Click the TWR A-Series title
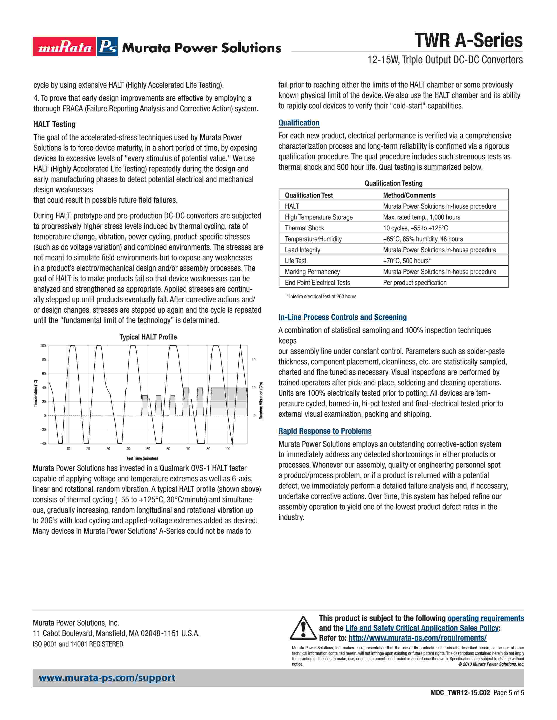(x=468, y=41)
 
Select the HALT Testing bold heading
(x=54, y=124)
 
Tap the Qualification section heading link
(x=299, y=123)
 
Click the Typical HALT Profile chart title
(x=148, y=337)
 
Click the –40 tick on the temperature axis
(x=43, y=443)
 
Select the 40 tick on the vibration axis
(x=253, y=360)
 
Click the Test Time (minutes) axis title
(x=142, y=458)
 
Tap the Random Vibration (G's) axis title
(x=261, y=401)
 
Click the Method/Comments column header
(x=409, y=195)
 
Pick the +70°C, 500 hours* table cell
(x=407, y=261)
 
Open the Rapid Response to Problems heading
(x=325, y=431)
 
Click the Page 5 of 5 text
(x=509, y=702)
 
